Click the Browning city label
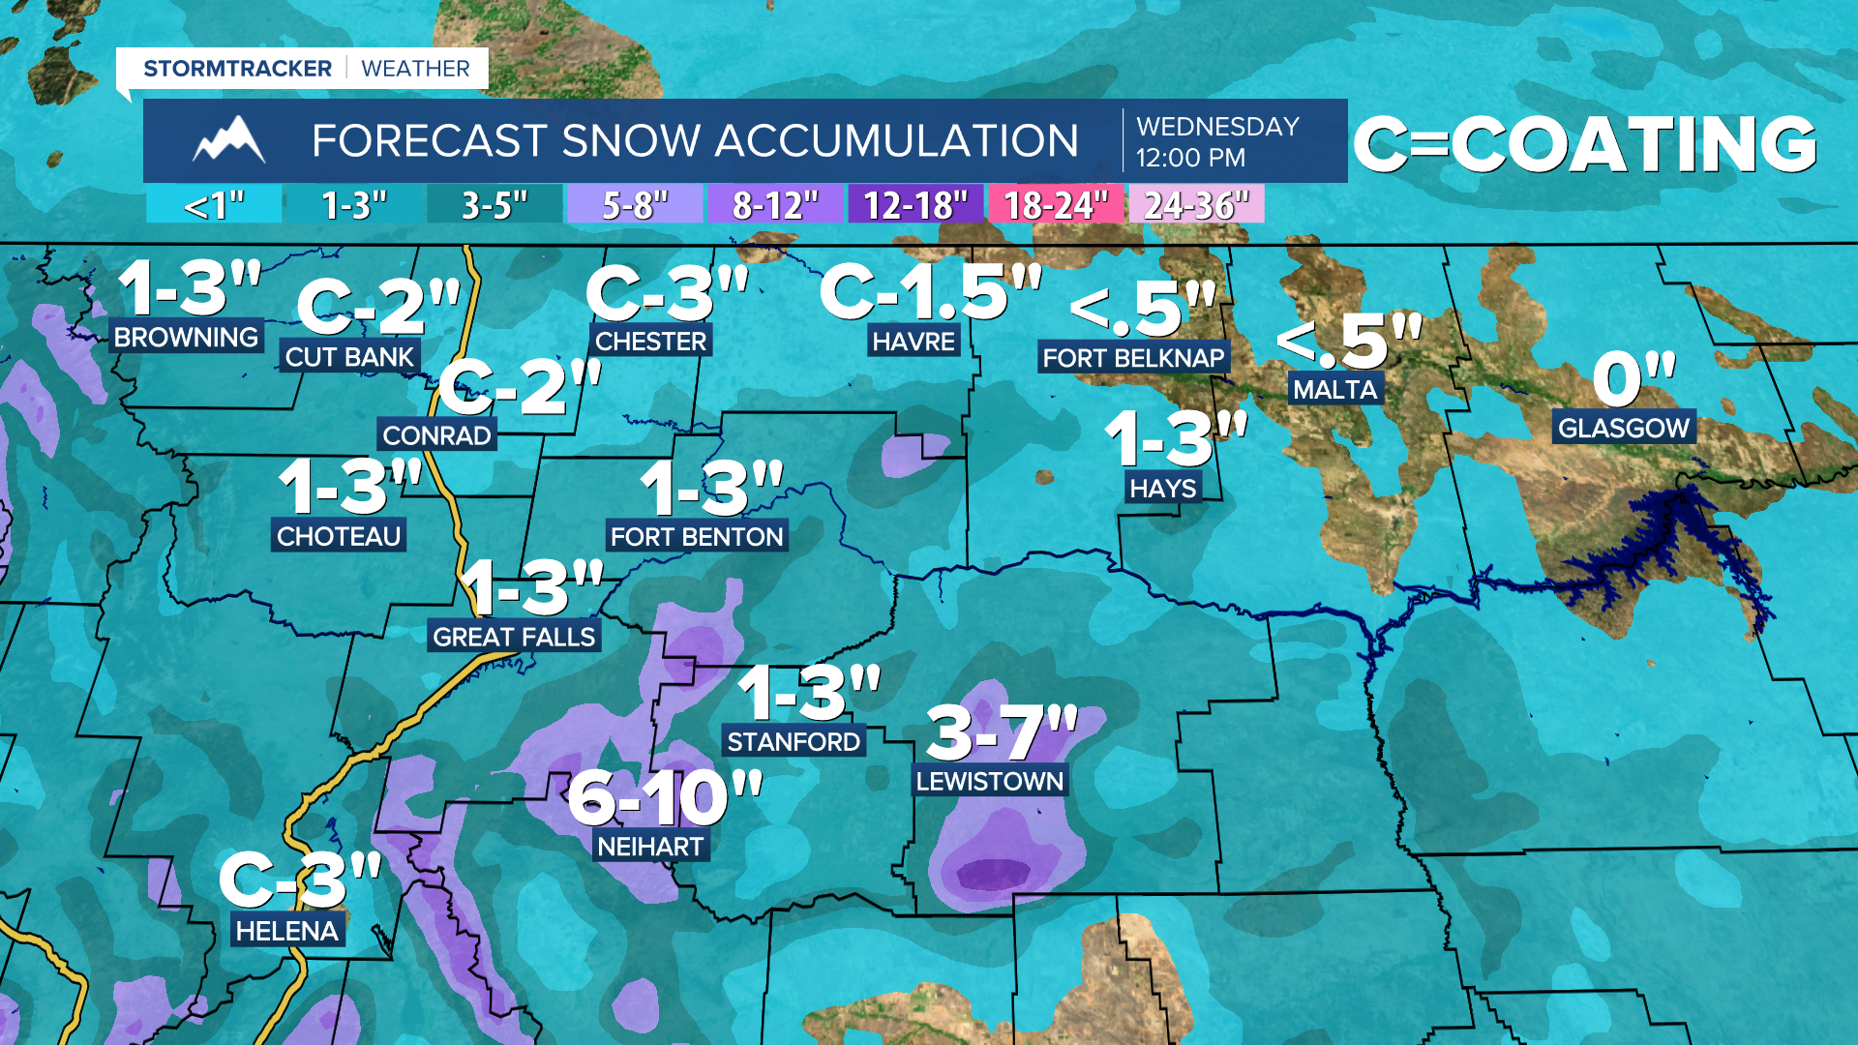click(186, 337)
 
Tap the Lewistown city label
click(989, 781)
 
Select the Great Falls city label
click(514, 637)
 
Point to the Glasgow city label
click(1623, 428)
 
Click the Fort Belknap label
click(1133, 358)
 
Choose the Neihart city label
click(650, 847)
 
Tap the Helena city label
click(286, 931)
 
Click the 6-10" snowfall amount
click(665, 798)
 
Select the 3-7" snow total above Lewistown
click(1002, 732)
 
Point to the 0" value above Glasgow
click(1633, 379)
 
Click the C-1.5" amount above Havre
click(930, 291)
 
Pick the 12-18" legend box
click(914, 205)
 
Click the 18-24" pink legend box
click(1055, 205)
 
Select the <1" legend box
click(214, 205)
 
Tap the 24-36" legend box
click(1196, 205)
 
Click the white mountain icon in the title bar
click(228, 140)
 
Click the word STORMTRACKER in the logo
click(237, 69)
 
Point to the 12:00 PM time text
click(1190, 158)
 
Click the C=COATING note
click(1585, 144)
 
